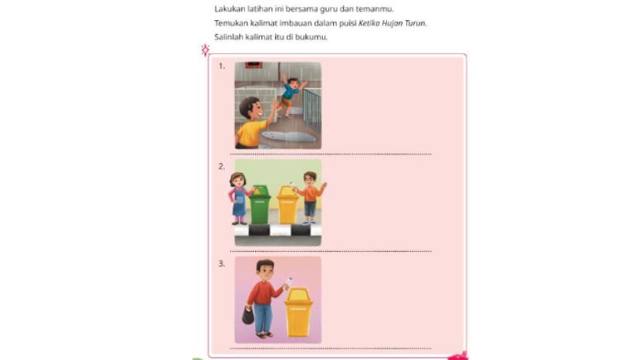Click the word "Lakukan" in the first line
pos(229,8)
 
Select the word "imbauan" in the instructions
pos(294,23)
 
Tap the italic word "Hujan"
pos(392,23)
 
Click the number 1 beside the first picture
pos(222,66)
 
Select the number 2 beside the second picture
pos(222,167)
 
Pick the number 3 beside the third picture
pos(222,264)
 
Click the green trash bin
pos(260,204)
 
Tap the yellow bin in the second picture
pos(288,205)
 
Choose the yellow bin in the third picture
pos(298,312)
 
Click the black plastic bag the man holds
pos(248,315)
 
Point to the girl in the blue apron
pos(239,199)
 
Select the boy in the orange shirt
pos(311,198)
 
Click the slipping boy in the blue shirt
pos(291,94)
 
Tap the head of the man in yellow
pos(250,109)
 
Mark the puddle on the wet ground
pos(289,136)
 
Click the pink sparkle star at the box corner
pos(205,50)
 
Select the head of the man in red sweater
pos(266,270)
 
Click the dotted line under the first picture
pos(331,155)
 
